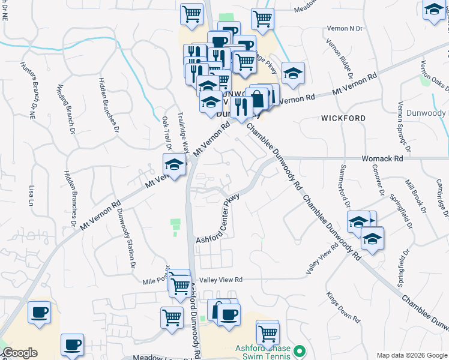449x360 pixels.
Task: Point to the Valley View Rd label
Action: pyautogui.click(x=221, y=280)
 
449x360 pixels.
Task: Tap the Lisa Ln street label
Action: pyautogui.click(x=32, y=196)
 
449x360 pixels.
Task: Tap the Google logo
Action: pyautogui.click(x=19, y=353)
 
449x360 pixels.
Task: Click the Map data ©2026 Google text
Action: pyautogui.click(x=411, y=355)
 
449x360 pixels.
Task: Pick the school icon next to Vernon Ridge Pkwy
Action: pyautogui.click(x=292, y=74)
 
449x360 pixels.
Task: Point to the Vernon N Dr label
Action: pyautogui.click(x=345, y=29)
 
